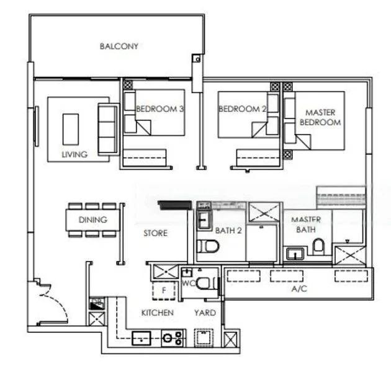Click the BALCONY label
point(119,46)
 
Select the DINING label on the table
point(92,219)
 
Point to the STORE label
point(155,233)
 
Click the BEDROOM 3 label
point(160,109)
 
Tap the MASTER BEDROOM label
point(320,117)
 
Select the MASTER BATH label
point(305,224)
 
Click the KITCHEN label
point(157,313)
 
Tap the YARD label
point(205,313)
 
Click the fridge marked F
point(164,289)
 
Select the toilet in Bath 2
point(207,247)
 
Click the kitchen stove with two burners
point(173,339)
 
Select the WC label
point(188,283)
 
